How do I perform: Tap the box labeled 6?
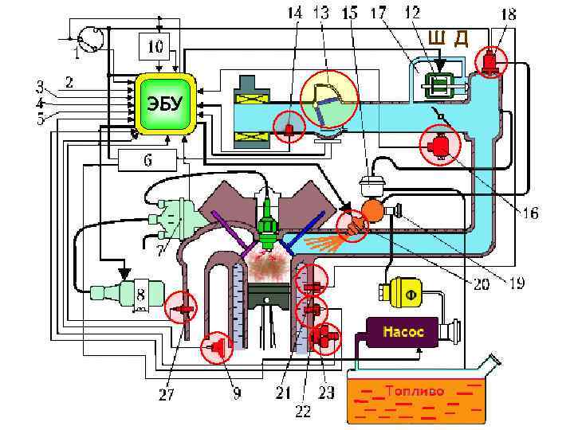pos(147,159)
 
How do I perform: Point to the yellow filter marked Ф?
pos(411,294)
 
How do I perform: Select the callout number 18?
pos(507,14)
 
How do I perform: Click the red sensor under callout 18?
pos(490,61)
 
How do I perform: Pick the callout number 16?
pos(530,213)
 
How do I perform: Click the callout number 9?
pos(237,393)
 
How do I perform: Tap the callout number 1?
pos(77,53)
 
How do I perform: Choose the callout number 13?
pos(320,14)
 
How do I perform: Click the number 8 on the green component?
pos(141,295)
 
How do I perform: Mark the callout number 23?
pos(326,392)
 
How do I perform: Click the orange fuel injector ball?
pos(372,210)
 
